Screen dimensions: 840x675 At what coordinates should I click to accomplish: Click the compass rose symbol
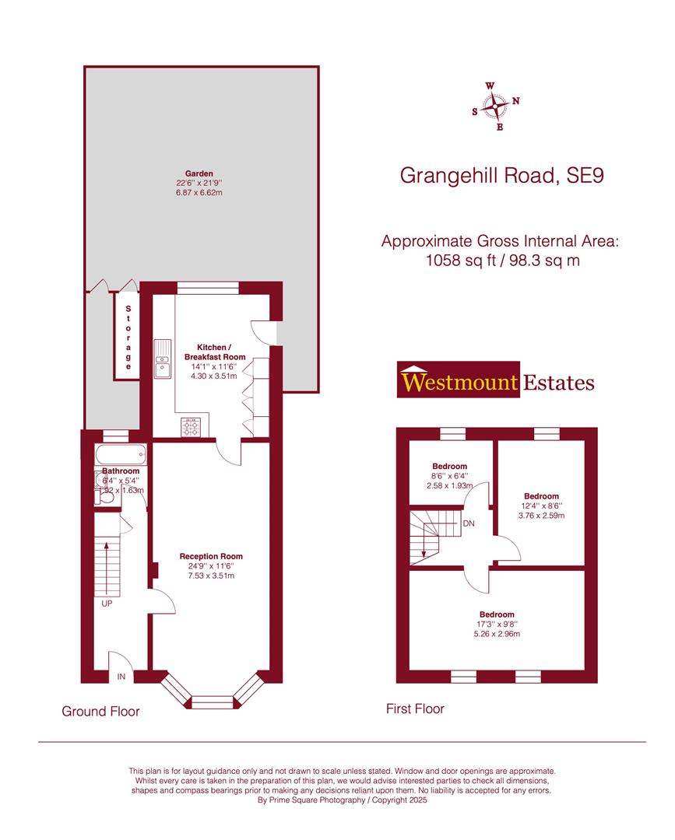click(x=496, y=106)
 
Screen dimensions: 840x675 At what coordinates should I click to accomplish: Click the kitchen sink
click(x=163, y=359)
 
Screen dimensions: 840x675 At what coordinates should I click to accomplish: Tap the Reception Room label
click(x=211, y=556)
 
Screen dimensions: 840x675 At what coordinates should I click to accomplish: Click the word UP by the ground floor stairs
click(x=107, y=603)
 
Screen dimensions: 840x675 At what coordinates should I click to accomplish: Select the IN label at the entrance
click(x=121, y=677)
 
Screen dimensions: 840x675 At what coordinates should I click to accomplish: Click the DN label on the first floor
click(x=469, y=523)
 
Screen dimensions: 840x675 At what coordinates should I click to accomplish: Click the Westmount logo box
click(x=459, y=381)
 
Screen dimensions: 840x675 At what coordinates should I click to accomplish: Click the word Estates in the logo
click(x=559, y=382)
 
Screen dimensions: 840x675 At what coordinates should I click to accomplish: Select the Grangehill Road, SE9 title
click(x=501, y=176)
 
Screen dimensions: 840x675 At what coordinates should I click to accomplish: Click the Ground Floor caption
click(x=100, y=711)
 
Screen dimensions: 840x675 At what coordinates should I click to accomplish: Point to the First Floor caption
click(x=415, y=709)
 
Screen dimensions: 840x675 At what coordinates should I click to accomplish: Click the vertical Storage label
click(x=128, y=337)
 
